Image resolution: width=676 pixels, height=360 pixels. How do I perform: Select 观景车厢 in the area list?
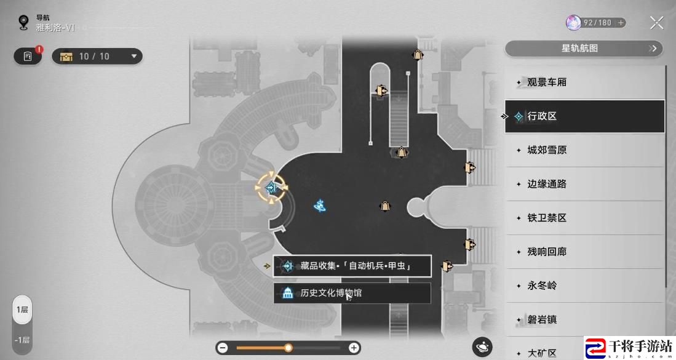(584, 82)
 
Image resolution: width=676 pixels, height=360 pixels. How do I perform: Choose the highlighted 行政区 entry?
(584, 116)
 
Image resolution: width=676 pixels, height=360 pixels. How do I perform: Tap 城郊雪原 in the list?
(584, 150)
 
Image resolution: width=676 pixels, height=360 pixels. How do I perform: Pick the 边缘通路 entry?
(584, 184)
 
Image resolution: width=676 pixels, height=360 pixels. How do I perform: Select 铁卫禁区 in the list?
(584, 218)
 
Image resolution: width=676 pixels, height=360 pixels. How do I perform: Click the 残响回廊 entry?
(584, 252)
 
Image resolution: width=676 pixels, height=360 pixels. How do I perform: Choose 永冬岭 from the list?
(584, 286)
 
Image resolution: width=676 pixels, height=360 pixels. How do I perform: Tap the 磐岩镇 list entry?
(584, 319)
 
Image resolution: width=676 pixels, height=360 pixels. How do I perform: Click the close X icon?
(656, 23)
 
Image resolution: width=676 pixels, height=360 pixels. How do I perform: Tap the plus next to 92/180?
(621, 23)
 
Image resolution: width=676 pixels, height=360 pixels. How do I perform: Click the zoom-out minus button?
(223, 348)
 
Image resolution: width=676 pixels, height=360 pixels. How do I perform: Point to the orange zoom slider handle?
(288, 348)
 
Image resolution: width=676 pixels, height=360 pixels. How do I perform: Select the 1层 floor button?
(22, 310)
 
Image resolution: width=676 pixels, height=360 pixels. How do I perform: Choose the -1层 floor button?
(22, 340)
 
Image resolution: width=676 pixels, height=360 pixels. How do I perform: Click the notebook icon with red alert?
(28, 56)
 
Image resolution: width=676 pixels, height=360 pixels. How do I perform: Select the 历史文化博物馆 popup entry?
(352, 293)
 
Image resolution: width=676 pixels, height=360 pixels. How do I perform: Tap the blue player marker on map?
(319, 206)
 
